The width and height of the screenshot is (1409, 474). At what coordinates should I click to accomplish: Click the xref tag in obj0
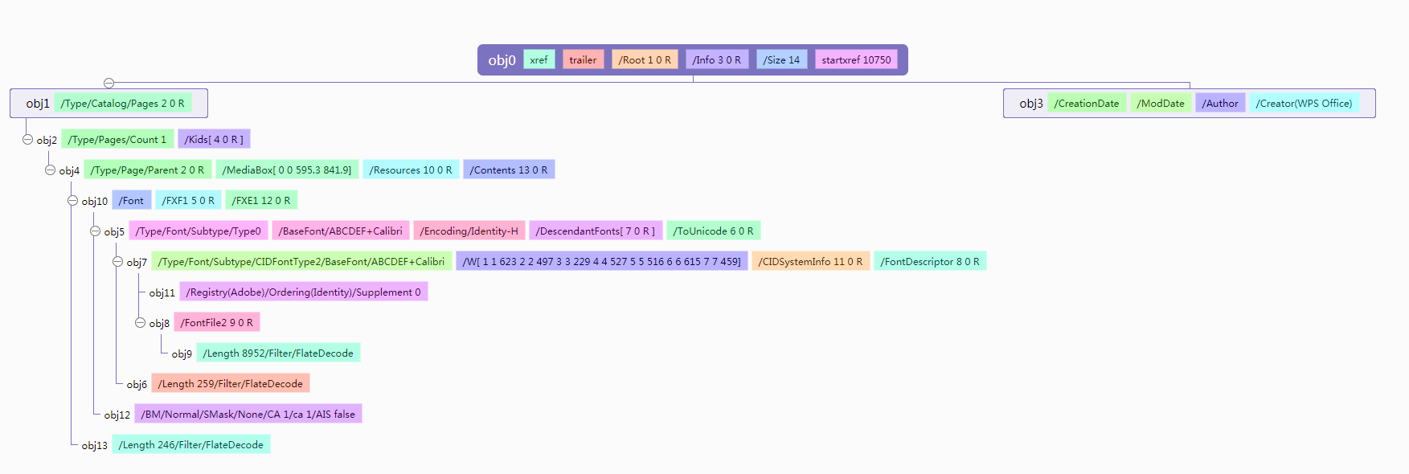pyautogui.click(x=539, y=60)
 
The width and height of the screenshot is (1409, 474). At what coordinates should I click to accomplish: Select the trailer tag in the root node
pyautogui.click(x=583, y=60)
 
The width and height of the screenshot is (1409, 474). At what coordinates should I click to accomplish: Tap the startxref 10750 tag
pyautogui.click(x=856, y=60)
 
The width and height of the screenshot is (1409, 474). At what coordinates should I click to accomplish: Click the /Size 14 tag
pyautogui.click(x=781, y=60)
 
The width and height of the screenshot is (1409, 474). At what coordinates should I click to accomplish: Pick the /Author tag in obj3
pyautogui.click(x=1220, y=104)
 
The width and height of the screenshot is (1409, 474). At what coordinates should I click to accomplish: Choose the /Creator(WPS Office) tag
pyautogui.click(x=1304, y=104)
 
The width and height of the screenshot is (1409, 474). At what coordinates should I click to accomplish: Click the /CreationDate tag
pyautogui.click(x=1087, y=104)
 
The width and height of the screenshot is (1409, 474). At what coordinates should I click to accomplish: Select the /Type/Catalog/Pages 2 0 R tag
pyautogui.click(x=122, y=104)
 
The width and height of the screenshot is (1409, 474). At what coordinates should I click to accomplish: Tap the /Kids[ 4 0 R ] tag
pyautogui.click(x=214, y=140)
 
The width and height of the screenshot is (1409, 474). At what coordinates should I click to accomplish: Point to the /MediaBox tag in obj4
pyautogui.click(x=287, y=170)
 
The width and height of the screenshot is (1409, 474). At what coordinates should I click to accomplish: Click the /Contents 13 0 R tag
pyautogui.click(x=509, y=170)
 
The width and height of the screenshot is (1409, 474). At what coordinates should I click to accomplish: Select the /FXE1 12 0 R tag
pyautogui.click(x=261, y=201)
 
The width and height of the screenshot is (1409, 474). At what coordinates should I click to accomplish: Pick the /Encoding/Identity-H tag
pyautogui.click(x=469, y=231)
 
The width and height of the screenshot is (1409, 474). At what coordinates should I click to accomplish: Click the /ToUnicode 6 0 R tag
pyautogui.click(x=713, y=231)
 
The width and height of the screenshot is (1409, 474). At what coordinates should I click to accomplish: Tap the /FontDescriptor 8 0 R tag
pyautogui.click(x=930, y=262)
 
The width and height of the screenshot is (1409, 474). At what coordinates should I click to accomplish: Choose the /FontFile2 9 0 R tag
pyautogui.click(x=216, y=323)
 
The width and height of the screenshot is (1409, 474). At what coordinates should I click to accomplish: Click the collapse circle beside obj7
pyautogui.click(x=118, y=262)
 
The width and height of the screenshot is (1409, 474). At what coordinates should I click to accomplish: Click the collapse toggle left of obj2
pyautogui.click(x=28, y=140)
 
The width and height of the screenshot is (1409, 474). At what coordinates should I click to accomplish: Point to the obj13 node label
pyautogui.click(x=94, y=446)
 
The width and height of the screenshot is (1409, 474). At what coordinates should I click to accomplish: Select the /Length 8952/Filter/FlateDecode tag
pyautogui.click(x=278, y=353)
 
